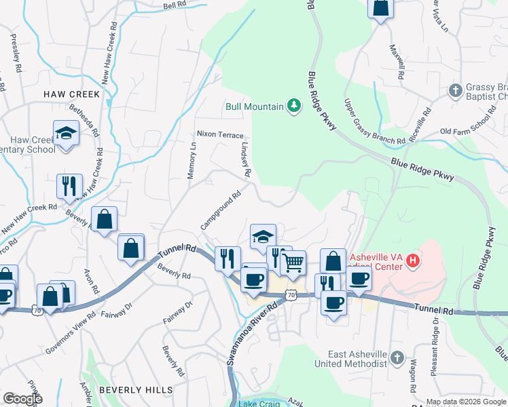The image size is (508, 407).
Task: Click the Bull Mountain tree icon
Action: tap(293, 105)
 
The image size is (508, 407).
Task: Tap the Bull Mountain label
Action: tap(253, 106)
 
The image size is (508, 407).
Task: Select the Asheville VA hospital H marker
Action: tap(412, 259)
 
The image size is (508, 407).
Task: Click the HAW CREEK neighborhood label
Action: tap(71, 94)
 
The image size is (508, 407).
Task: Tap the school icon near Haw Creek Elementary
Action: tap(66, 133)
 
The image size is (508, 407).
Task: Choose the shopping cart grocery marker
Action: tap(293, 262)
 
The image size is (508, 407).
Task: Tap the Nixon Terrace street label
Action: tap(220, 134)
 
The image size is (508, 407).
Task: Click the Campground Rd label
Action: tap(221, 211)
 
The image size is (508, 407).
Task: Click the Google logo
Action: tap(22, 399)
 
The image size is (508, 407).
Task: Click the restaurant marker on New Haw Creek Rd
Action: tap(69, 186)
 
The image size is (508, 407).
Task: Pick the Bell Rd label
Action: tap(175, 5)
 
